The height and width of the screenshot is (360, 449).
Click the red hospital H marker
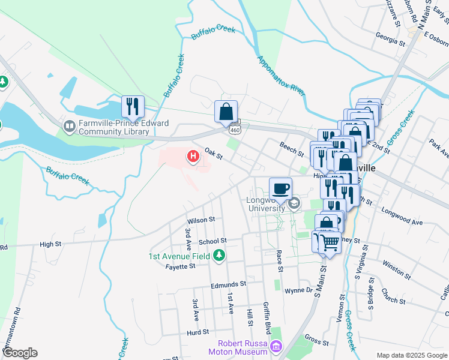click(193, 157)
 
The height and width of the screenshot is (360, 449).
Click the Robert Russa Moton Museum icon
click(276, 346)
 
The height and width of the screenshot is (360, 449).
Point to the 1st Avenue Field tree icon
click(220, 256)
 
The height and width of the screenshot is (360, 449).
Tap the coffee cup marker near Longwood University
click(280, 188)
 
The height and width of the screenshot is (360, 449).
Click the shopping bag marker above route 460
click(226, 111)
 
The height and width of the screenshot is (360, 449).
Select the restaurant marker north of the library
click(132, 106)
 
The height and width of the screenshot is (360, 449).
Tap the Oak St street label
click(213, 154)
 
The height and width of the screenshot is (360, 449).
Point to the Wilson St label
click(200, 220)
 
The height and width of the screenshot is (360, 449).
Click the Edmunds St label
click(228, 284)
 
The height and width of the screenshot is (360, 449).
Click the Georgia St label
click(391, 41)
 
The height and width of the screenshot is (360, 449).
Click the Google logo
click(20, 353)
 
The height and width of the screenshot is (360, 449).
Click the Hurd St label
click(197, 331)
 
